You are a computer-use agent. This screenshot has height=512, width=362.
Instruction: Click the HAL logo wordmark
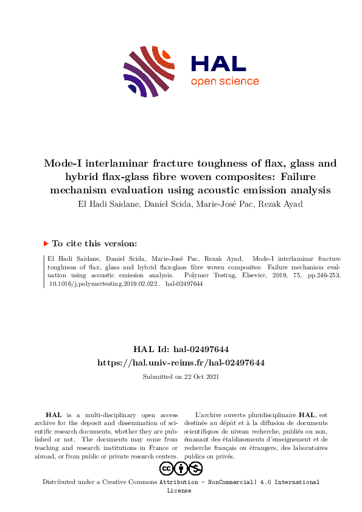click(x=218, y=64)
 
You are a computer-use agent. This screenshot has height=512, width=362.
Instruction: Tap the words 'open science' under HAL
click(x=225, y=81)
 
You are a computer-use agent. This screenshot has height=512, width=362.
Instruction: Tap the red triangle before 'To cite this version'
click(x=46, y=243)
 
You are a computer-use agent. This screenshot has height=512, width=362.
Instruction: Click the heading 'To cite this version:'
click(x=94, y=243)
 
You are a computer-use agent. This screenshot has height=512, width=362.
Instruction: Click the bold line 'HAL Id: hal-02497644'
click(x=181, y=349)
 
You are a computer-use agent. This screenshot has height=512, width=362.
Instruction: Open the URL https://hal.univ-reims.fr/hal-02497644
click(x=181, y=362)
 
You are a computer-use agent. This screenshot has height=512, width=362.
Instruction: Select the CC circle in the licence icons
click(x=166, y=468)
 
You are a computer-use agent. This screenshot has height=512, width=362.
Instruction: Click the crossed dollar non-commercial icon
click(x=195, y=468)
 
